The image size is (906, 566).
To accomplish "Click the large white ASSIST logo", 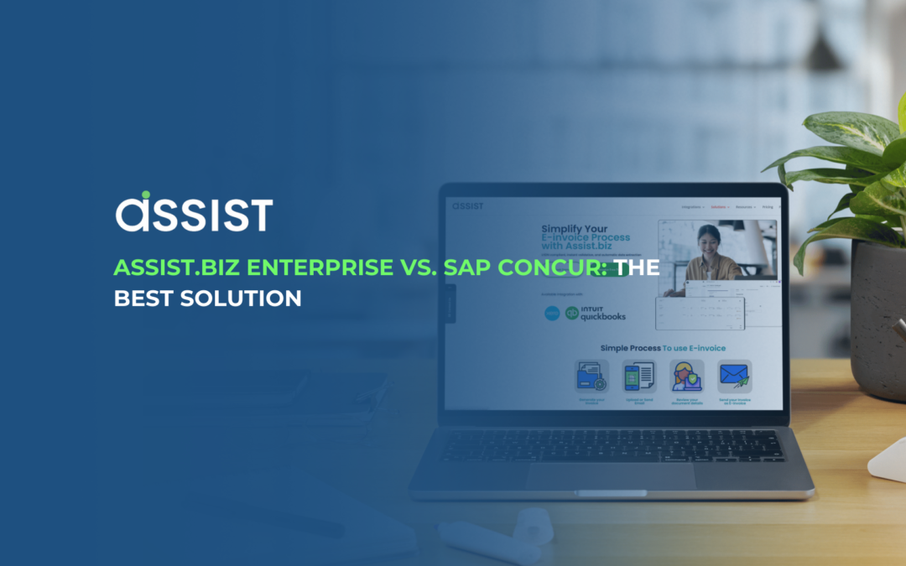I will [194, 214].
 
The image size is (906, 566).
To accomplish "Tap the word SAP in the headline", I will [473, 267].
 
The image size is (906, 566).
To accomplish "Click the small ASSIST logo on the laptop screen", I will [468, 205].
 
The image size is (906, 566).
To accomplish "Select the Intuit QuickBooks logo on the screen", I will [596, 313].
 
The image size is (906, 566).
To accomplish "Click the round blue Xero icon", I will [551, 313].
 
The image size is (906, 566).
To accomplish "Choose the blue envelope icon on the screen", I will [734, 376].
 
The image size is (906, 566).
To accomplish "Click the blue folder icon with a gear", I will [591, 376].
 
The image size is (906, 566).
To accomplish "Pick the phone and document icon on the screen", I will [638, 376].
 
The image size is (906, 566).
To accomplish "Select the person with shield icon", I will [686, 376].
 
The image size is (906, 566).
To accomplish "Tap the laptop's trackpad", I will [611, 476].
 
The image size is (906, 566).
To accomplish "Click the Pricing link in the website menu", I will [768, 206].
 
